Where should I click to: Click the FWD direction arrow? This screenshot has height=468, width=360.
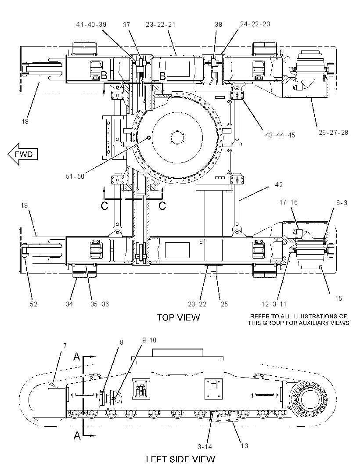pos(23,154)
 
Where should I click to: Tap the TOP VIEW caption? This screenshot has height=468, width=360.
pos(178,317)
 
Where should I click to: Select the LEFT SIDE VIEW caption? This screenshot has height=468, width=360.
pos(180,459)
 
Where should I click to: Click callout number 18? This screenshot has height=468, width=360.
pos(25,122)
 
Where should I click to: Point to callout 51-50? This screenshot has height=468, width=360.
pos(75,176)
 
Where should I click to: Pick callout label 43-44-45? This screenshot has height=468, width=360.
pos(280,135)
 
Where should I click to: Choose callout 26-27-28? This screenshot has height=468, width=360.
pos(333,132)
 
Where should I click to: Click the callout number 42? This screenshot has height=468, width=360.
pos(279,185)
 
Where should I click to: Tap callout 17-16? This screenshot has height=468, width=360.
pos(288,202)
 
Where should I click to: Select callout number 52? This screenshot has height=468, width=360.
pos(33,304)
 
